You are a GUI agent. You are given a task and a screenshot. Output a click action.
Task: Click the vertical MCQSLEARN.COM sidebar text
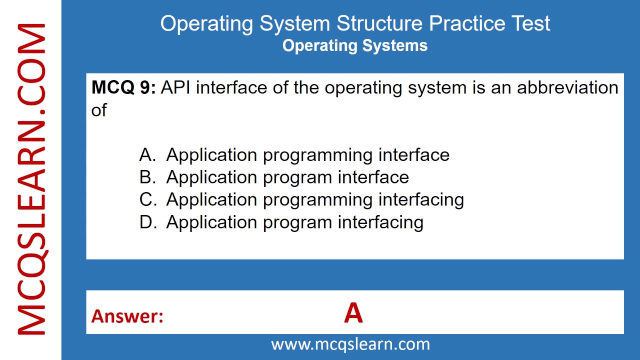(x=31, y=180)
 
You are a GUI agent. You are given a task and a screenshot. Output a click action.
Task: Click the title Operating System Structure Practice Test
(x=355, y=23)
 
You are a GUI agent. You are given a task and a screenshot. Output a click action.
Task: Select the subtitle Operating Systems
(x=355, y=45)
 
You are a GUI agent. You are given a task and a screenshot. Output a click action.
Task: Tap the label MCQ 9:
(x=123, y=87)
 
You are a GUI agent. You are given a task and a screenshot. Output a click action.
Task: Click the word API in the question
(x=177, y=87)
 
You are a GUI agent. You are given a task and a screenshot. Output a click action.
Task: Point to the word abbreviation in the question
(x=567, y=87)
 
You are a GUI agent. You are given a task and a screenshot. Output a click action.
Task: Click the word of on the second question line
(x=99, y=110)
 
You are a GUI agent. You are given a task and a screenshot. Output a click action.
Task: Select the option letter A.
(x=147, y=155)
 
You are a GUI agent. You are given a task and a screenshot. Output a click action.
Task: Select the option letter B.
(x=147, y=177)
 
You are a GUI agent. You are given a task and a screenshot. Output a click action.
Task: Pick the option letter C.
(x=147, y=199)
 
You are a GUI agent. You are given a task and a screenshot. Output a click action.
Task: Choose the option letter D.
(x=147, y=222)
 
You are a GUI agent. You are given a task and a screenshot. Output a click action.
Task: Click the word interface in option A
(x=413, y=155)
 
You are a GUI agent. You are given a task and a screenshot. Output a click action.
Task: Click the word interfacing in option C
(x=421, y=199)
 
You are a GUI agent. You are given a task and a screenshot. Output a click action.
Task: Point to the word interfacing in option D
(x=380, y=222)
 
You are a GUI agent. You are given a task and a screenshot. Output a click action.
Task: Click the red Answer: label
(x=127, y=316)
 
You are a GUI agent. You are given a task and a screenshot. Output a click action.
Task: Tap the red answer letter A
(x=353, y=314)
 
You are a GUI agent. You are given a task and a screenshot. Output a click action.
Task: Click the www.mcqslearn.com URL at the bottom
(x=350, y=344)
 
